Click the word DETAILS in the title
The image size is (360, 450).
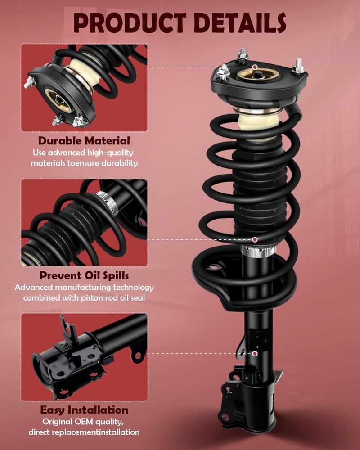coord(240,22)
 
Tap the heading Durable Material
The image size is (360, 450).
coord(84,140)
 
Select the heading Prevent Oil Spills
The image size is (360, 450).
coord(84,275)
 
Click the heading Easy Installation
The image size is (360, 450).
coord(84,410)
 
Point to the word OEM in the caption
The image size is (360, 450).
coord(84,422)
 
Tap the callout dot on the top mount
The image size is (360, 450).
coord(255,67)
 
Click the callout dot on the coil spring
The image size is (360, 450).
coord(255,239)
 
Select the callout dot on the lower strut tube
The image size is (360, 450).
coord(255,354)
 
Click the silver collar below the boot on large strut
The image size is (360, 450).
coord(258,252)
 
